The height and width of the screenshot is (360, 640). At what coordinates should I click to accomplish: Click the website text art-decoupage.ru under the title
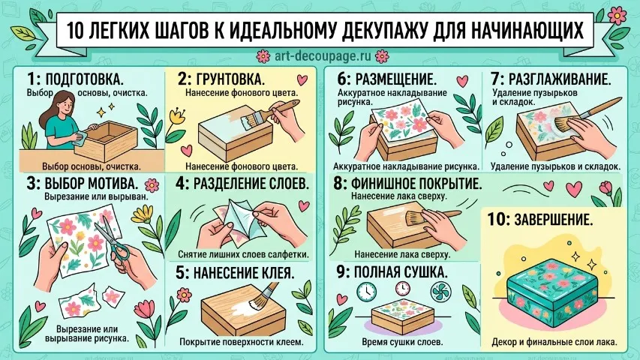coord(323,55)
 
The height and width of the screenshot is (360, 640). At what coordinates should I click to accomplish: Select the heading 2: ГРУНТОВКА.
coord(221,79)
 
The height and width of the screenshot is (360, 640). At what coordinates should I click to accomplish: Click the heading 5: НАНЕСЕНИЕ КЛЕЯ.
coord(235,273)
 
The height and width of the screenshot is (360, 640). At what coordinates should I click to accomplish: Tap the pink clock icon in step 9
coord(402,289)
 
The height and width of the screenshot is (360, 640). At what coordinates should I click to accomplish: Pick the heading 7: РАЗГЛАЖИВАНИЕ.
coord(551,79)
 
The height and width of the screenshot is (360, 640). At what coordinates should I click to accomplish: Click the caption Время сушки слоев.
coord(402,342)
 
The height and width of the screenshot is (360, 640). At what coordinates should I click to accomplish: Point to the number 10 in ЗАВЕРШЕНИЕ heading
coord(497,220)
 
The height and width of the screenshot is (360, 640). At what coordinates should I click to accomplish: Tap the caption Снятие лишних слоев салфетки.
coord(243,254)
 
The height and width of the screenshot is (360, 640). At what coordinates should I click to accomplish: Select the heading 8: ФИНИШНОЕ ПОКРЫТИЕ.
coord(407,184)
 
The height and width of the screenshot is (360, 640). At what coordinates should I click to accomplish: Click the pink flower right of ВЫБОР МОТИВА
coord(152,186)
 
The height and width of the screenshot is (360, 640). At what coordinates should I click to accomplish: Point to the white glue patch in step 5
coord(240,306)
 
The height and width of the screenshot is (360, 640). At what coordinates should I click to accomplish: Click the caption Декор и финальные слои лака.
coord(554,342)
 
